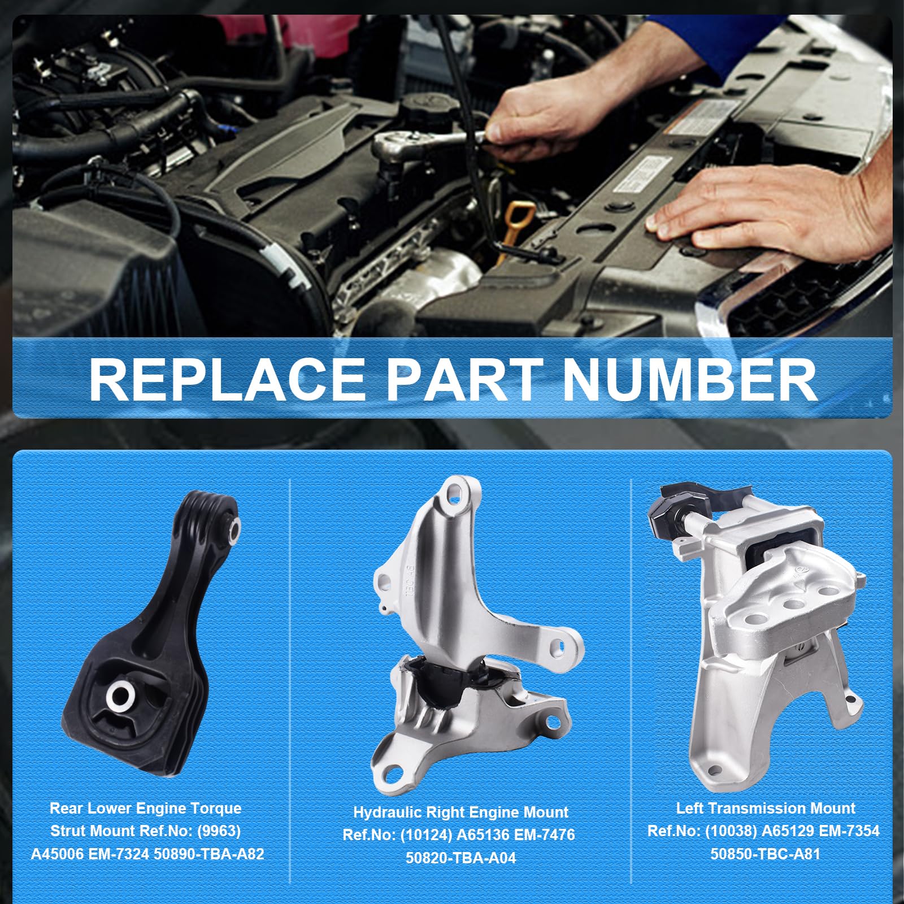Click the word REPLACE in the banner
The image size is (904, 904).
[228, 379]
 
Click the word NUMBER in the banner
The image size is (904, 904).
[690, 379]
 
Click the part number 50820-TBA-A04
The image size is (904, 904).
[460, 858]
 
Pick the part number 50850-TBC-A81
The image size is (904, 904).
[765, 854]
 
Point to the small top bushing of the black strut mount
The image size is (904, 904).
[232, 527]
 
